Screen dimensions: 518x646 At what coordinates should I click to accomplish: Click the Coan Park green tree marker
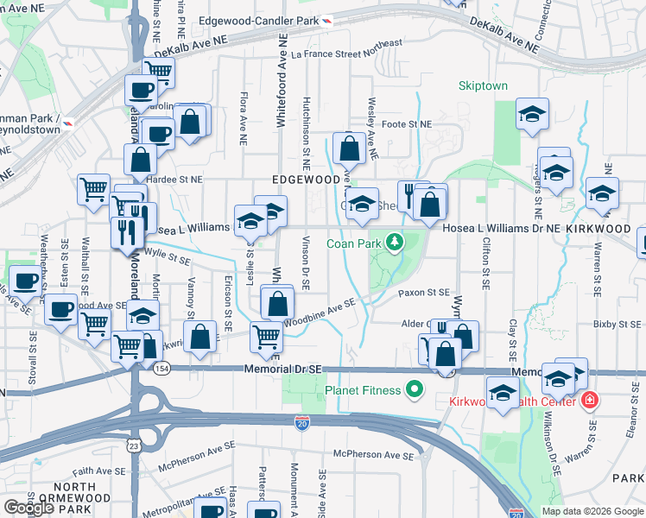pos(395,242)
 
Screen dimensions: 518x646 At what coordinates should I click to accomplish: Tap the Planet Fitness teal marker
pos(414,390)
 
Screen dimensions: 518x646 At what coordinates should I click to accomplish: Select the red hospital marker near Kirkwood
pos(589,401)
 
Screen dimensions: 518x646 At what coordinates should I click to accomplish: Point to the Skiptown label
pos(483,86)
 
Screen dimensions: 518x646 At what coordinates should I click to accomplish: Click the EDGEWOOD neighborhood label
pos(306,180)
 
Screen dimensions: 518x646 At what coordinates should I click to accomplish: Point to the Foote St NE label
pos(406,124)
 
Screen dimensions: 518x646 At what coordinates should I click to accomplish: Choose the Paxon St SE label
pos(424,294)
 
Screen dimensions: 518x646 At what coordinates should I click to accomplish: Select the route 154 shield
pos(161,369)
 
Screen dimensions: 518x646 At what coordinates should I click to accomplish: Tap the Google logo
pos(29,508)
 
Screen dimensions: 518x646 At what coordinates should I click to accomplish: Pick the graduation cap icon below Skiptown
pos(532,114)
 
